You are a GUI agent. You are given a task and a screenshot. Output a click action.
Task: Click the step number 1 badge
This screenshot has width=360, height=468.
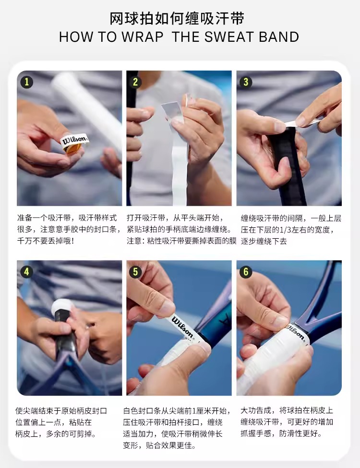(x=26, y=82)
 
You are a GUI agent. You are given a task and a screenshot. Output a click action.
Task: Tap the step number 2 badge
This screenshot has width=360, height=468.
(x=135, y=82)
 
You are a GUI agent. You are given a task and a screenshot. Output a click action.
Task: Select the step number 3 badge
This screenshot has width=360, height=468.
(x=246, y=82)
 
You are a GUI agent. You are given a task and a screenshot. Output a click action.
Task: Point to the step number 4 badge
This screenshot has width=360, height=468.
(x=26, y=271)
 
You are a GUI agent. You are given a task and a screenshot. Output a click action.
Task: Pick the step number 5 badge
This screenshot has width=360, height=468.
(x=135, y=271)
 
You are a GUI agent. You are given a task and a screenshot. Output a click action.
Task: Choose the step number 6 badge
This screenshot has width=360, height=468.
(x=246, y=271)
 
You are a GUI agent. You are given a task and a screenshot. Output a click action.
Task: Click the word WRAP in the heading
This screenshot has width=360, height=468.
(x=142, y=37)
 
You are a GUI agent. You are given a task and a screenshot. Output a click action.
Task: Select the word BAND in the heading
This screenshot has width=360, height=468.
(x=278, y=37)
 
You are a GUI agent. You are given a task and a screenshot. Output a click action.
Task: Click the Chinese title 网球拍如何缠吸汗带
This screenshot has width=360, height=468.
(x=177, y=18)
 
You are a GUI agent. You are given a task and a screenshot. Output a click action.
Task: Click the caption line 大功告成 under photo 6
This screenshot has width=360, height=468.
(x=287, y=410)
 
